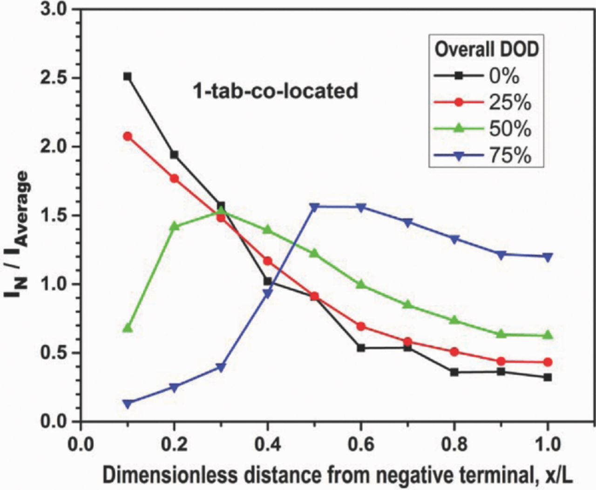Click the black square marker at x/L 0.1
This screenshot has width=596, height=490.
tap(128, 76)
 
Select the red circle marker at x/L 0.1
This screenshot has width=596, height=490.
tap(128, 136)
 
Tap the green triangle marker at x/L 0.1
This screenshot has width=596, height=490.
tap(128, 328)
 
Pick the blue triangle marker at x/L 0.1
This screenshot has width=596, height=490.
tap(128, 403)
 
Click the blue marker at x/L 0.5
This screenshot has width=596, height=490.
tap(314, 207)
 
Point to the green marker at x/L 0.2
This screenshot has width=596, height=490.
tap(175, 226)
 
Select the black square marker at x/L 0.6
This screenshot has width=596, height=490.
tap(361, 348)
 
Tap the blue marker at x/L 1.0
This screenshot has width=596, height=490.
tap(548, 257)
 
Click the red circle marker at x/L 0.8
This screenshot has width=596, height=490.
tap(454, 352)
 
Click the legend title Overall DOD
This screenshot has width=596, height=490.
tap(486, 49)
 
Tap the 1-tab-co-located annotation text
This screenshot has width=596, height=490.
tap(276, 90)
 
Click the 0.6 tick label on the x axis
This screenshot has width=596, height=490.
tap(361, 444)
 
